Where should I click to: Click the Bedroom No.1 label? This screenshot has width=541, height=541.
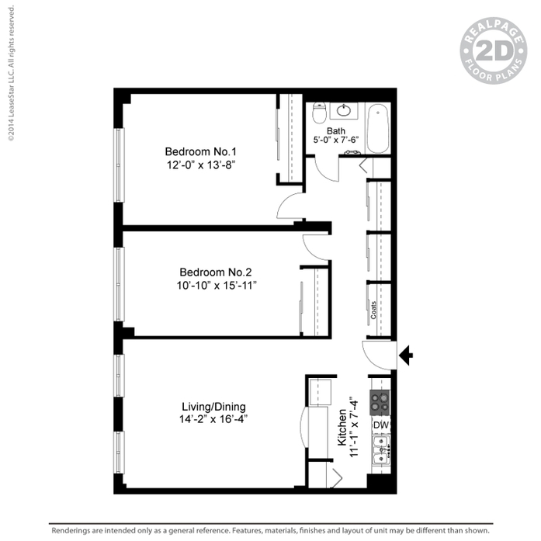[200, 151]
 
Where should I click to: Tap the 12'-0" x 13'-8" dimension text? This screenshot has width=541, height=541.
[201, 165]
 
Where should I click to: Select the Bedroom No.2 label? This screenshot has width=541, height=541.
[216, 272]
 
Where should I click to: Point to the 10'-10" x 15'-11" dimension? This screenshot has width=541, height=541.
[217, 286]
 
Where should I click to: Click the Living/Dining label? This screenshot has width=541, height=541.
[214, 407]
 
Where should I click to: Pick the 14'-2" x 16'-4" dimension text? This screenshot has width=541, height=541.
[213, 419]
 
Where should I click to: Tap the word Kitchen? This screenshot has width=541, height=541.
[342, 428]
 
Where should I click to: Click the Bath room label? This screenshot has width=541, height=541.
[336, 131]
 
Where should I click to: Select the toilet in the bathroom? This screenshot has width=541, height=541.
[319, 113]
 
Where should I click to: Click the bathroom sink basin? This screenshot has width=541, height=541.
[344, 110]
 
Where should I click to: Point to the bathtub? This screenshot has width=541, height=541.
[378, 128]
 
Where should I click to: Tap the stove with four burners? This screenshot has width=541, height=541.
[380, 403]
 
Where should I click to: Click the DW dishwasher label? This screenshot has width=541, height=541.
[381, 425]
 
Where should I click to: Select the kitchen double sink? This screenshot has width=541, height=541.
[381, 450]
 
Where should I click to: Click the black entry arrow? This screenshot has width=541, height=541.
[406, 355]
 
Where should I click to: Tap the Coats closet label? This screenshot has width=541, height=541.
[373, 310]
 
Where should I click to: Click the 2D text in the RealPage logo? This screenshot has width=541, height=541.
[494, 50]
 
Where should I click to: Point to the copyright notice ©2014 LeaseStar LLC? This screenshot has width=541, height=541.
[12, 73]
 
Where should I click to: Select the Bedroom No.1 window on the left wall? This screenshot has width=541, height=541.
[119, 165]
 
